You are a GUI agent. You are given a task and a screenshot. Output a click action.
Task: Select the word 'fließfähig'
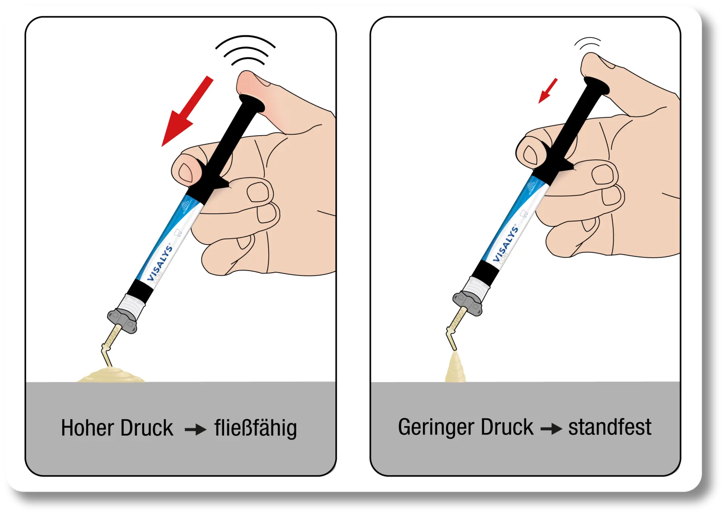pos(256,428)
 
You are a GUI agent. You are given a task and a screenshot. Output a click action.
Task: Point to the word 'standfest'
pos(609,427)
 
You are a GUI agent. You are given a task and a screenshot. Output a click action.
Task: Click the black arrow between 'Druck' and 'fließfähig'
pos(195,430)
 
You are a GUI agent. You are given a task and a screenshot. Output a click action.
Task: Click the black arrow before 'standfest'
pos(551,429)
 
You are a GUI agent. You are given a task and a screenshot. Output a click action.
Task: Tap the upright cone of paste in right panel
pos(455,368)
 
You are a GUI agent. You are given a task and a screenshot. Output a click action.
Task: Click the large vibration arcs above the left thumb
pos(246,49)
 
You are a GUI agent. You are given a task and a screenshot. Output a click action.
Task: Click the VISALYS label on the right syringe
pos(506,244)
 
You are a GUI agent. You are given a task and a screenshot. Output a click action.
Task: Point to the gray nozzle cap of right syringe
pos(467,303)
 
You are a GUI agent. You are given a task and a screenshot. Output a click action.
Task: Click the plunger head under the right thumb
pos(596,85)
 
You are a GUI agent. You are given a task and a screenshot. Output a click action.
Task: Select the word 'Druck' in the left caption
pos(147,428)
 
